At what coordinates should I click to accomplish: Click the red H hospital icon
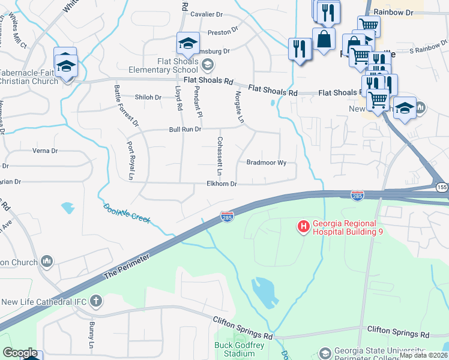304,226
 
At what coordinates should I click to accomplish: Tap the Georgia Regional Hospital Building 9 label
346,226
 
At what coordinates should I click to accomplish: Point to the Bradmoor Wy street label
267,163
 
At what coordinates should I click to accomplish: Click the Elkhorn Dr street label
222,184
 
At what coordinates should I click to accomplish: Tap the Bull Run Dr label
185,129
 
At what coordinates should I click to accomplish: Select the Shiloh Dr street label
148,97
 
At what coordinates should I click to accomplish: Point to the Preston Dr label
223,32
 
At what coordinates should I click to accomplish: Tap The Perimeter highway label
125,264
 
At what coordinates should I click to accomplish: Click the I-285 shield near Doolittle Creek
227,215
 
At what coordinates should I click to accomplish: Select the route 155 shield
441,187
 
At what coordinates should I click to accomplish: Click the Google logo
20,353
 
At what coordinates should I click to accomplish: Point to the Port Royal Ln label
130,160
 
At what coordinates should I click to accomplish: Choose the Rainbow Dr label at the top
394,12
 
